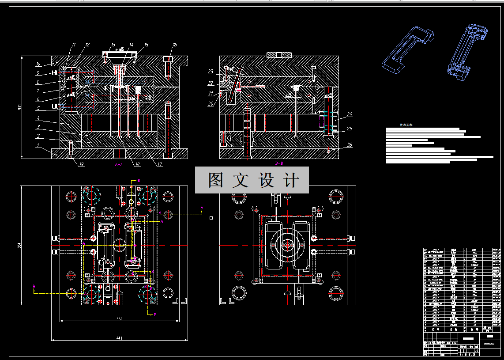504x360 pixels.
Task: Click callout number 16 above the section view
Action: (x=175, y=45)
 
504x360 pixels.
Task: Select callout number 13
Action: (x=113, y=45)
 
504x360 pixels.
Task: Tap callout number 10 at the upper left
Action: (x=38, y=64)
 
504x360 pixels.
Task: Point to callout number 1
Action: (x=38, y=145)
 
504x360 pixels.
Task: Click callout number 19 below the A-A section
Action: (x=81, y=165)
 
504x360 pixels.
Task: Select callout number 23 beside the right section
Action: (x=211, y=72)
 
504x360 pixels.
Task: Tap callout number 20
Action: (x=211, y=104)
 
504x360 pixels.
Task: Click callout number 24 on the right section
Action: (x=350, y=114)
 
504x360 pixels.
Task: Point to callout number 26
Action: (x=350, y=145)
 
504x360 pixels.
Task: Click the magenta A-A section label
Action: (x=119, y=164)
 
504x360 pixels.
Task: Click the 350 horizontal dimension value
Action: (x=119, y=319)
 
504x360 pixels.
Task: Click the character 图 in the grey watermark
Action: (x=216, y=180)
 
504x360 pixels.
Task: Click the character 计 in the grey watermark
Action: (x=291, y=180)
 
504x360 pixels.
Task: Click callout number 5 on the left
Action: (x=38, y=108)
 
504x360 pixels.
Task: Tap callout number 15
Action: (x=147, y=45)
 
